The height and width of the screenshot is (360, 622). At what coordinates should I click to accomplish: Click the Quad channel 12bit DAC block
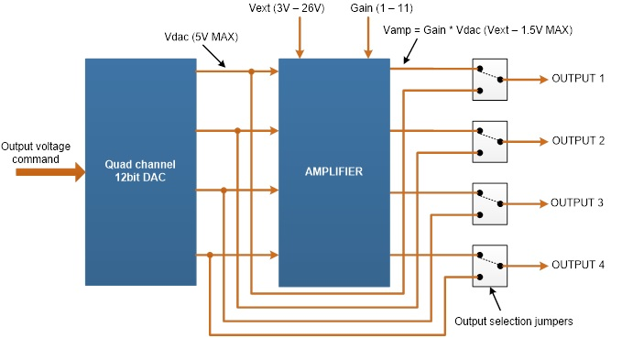coord(140,171)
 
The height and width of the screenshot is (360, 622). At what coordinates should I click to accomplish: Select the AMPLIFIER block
coord(333,171)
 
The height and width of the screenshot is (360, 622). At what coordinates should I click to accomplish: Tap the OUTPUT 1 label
coord(578,79)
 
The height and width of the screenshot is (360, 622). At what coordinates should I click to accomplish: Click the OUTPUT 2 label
coord(578,141)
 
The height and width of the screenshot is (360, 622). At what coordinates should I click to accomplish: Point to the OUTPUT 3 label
coord(578,202)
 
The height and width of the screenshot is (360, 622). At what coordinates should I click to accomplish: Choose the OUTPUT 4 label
coord(578,265)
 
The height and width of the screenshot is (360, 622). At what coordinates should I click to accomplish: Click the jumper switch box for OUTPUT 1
coord(489,79)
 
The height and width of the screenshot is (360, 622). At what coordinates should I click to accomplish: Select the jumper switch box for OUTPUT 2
coord(489,141)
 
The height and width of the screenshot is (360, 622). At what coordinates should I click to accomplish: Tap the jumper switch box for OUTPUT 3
coord(489,203)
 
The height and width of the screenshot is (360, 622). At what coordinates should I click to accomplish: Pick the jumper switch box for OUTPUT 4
coord(489,265)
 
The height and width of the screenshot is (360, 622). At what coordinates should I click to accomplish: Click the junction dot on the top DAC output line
coord(251,71)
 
